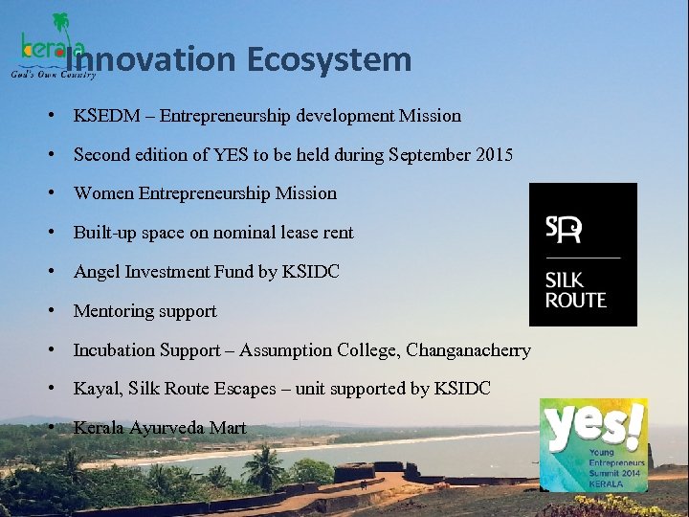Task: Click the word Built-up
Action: point(103,233)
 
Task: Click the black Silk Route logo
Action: point(583,255)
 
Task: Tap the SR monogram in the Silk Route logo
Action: point(564,230)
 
